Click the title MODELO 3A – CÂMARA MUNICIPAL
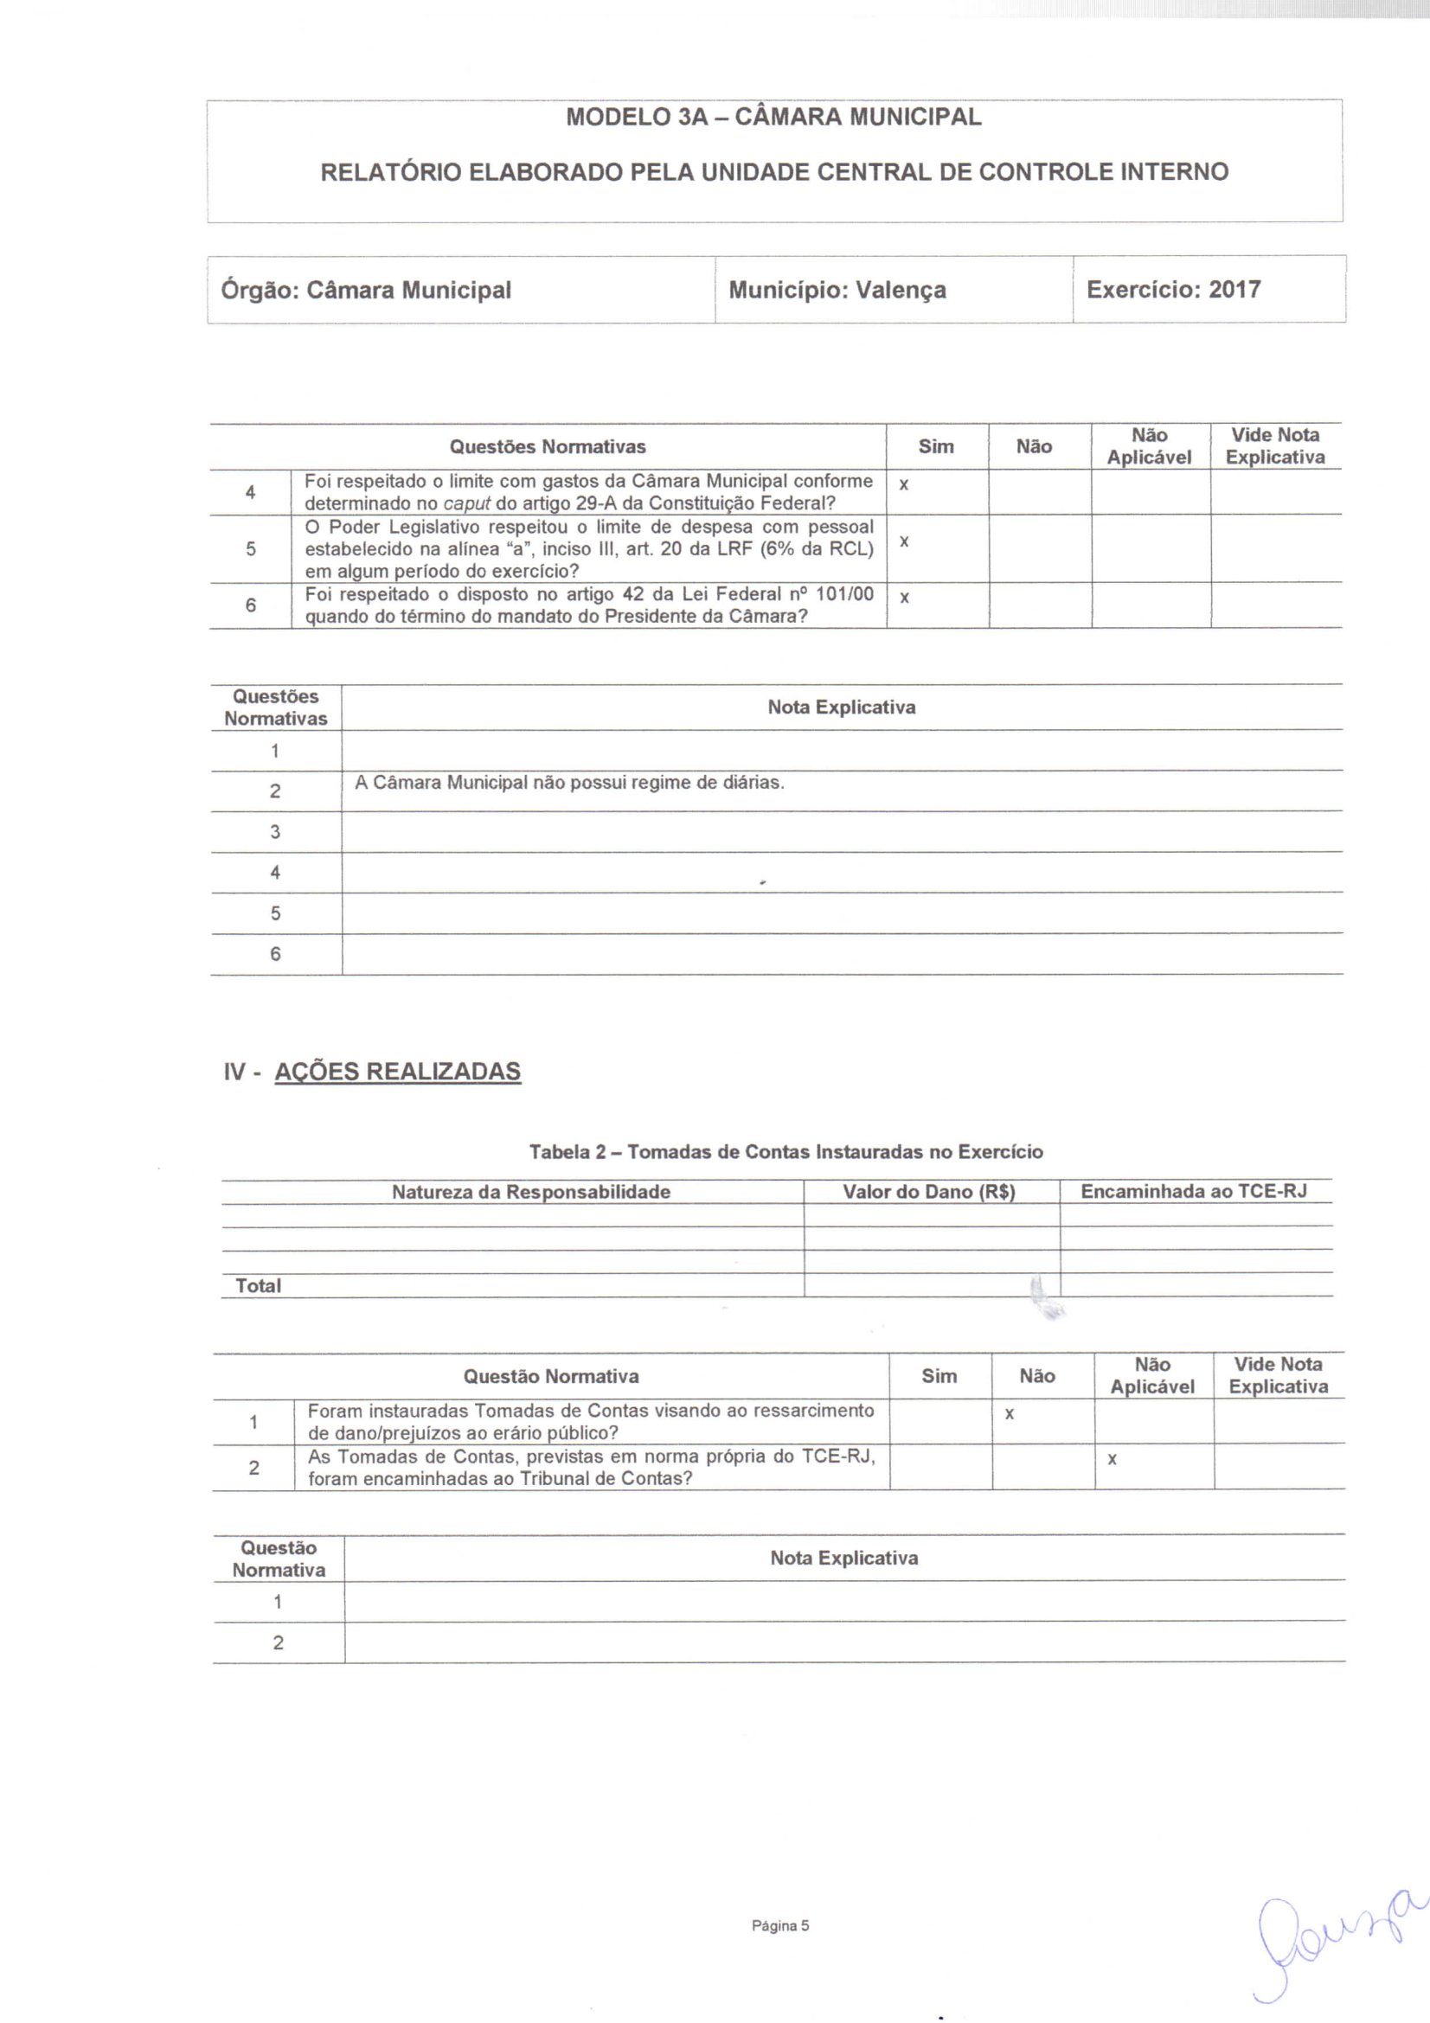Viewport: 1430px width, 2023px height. [773, 117]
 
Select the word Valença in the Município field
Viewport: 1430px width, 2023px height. [901, 290]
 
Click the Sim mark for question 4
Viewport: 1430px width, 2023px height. [903, 485]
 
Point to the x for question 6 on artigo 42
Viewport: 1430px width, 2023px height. [903, 599]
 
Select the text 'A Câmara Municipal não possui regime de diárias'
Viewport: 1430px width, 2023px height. [569, 783]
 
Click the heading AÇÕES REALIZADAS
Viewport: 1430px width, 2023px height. [397, 1072]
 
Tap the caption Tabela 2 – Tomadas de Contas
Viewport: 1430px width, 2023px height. [785, 1151]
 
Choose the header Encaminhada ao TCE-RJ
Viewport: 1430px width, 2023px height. [1193, 1191]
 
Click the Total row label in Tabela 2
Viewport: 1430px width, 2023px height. [258, 1285]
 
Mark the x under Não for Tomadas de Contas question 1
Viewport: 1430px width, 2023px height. [1009, 1414]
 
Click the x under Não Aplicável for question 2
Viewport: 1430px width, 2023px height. [1112, 1460]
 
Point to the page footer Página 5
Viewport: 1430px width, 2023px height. [779, 1925]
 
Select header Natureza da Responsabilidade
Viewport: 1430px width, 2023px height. [530, 1192]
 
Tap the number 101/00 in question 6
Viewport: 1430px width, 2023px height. [844, 594]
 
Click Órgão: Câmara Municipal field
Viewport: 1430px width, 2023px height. [366, 290]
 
